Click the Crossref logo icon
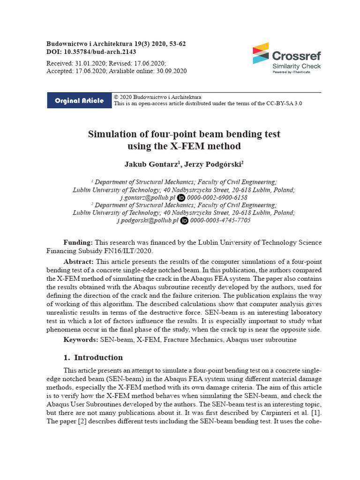point(261,53)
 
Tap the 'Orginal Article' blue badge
point(79,101)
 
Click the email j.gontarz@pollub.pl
point(148,198)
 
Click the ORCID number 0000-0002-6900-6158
point(218,198)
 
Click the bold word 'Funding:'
point(78,242)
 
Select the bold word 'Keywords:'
point(81,339)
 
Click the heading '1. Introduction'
point(93,358)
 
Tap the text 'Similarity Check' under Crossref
point(297,66)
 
